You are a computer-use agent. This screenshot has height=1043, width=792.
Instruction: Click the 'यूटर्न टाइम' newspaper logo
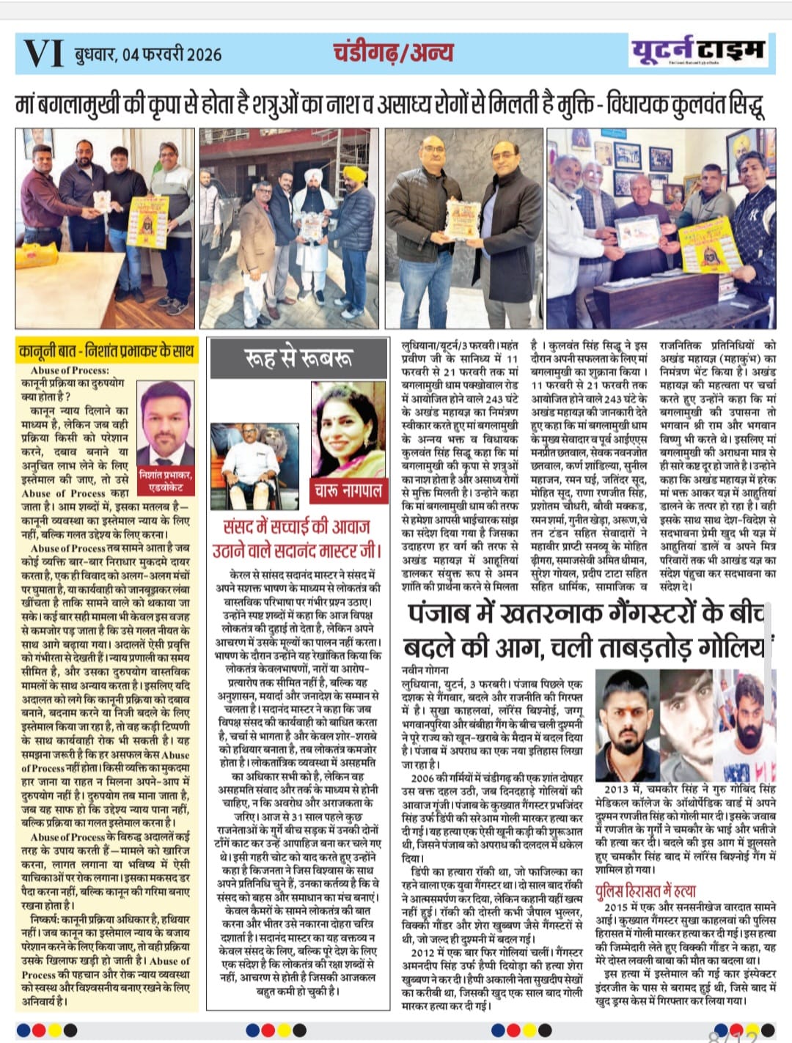pos(697,50)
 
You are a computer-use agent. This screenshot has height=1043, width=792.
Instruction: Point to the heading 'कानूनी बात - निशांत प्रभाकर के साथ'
pos(107,351)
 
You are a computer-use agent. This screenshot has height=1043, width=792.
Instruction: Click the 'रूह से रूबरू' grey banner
pos(298,358)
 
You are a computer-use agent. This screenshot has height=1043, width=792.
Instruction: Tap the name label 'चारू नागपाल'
pos(348,490)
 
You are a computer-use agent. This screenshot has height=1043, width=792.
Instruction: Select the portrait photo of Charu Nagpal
pos(348,430)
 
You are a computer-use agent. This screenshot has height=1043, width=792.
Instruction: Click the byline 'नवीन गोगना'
pos(425,670)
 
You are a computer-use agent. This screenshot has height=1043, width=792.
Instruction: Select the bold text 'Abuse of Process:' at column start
pos(70,370)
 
